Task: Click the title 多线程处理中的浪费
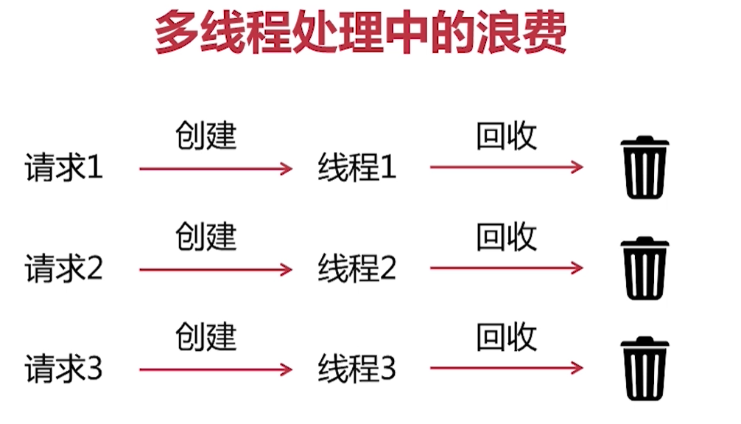(360, 33)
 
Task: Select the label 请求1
(64, 169)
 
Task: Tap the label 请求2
(64, 269)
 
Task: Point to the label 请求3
(64, 369)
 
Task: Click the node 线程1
(357, 168)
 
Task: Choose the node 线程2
(357, 269)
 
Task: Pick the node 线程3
(357, 369)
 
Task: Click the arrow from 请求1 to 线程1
(216, 170)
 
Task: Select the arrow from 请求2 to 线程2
(216, 270)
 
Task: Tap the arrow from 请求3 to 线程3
(216, 369)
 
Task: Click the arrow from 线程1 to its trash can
(507, 167)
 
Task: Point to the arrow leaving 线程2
(507, 268)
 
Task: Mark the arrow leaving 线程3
(507, 368)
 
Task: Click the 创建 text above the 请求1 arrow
(206, 136)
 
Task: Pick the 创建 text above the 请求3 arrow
(206, 338)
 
